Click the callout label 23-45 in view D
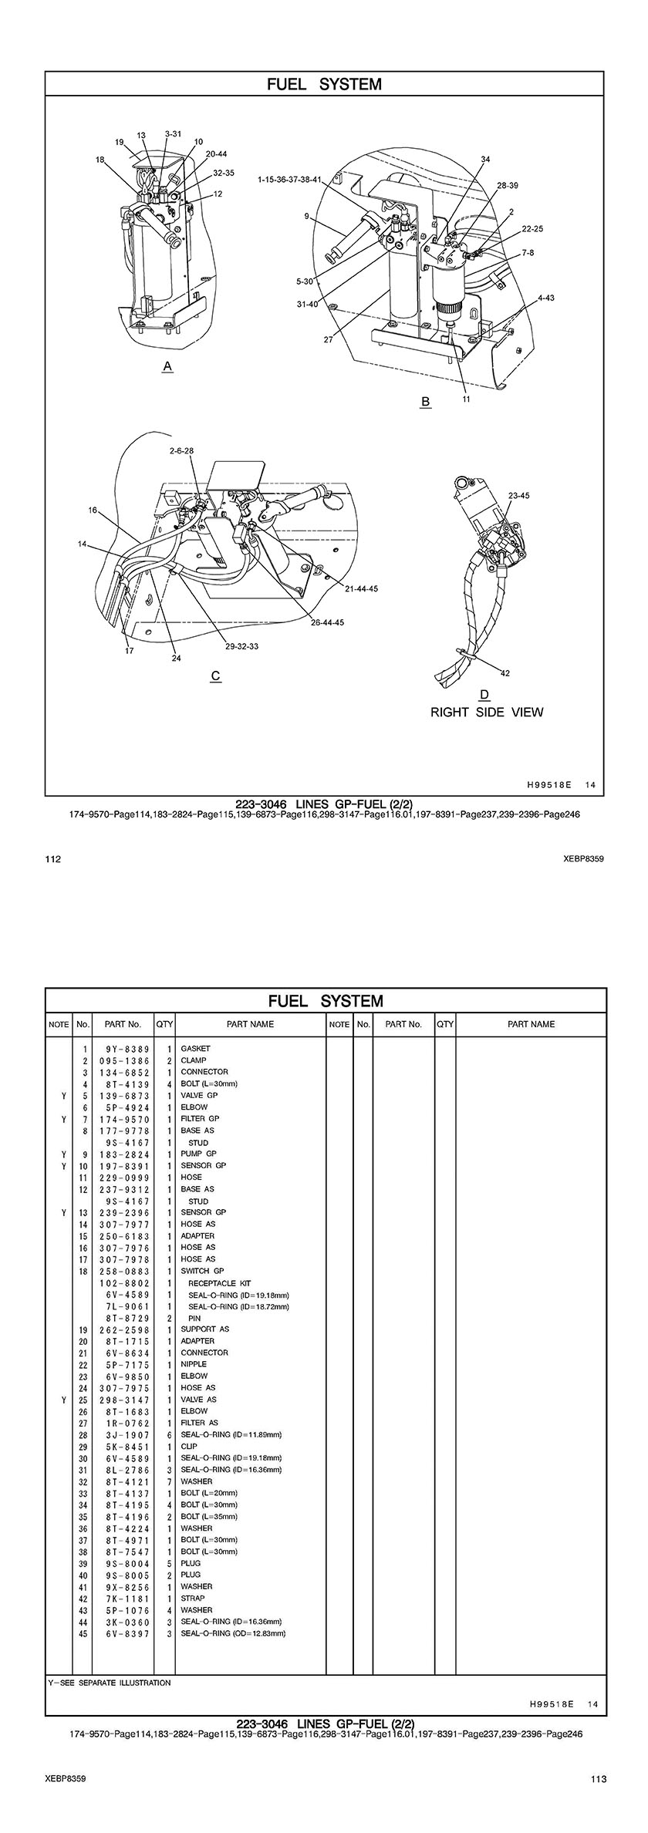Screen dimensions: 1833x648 (518, 495)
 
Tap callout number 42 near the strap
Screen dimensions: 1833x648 (505, 673)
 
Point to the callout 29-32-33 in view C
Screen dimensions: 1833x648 (241, 645)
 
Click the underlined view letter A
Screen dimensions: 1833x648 (167, 367)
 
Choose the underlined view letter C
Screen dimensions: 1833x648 (216, 676)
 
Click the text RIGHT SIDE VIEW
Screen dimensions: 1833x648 (486, 712)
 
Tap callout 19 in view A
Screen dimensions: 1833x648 (120, 142)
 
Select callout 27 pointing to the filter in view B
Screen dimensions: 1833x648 (329, 339)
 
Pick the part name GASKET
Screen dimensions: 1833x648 (195, 1049)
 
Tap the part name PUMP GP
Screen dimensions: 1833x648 (198, 1154)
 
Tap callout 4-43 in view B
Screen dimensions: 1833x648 (545, 297)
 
